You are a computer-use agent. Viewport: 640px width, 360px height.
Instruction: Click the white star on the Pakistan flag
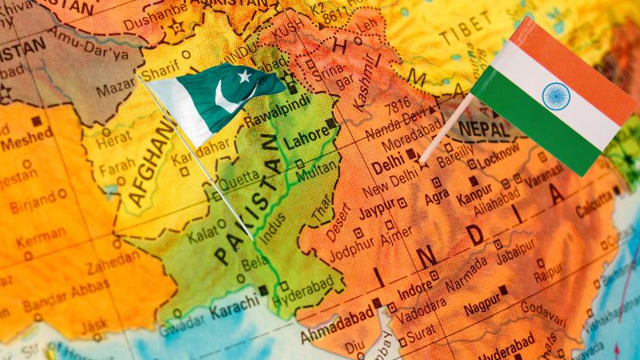coord(244,76)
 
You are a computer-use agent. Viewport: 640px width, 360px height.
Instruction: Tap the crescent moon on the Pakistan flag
coord(227,98)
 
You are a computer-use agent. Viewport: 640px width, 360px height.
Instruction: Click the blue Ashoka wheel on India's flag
coord(555,96)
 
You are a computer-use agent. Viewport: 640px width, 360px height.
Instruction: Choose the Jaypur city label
coord(376,210)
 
